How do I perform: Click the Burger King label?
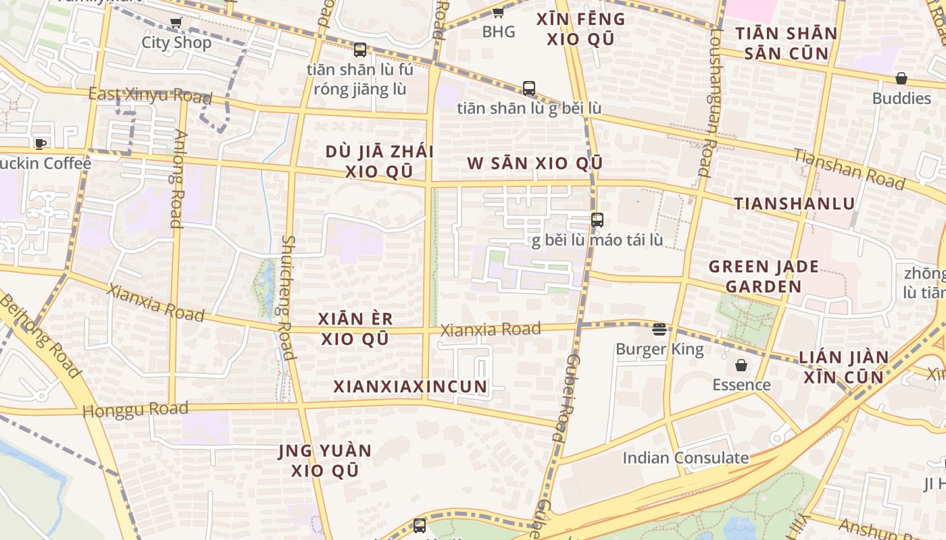pyautogui.click(x=659, y=350)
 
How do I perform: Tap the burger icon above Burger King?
pyautogui.click(x=659, y=329)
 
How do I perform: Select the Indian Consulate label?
pyautogui.click(x=685, y=458)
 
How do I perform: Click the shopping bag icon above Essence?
pyautogui.click(x=741, y=365)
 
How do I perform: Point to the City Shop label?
pyautogui.click(x=176, y=43)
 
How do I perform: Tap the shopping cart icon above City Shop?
pyautogui.click(x=176, y=23)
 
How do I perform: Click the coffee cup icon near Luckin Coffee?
pyautogui.click(x=41, y=144)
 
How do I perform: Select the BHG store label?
pyautogui.click(x=499, y=32)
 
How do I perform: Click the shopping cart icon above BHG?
pyautogui.click(x=498, y=12)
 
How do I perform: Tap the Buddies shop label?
pyautogui.click(x=901, y=99)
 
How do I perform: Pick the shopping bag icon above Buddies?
pyautogui.click(x=901, y=78)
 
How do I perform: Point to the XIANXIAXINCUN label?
pyautogui.click(x=410, y=387)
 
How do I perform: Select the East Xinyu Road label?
pyautogui.click(x=150, y=95)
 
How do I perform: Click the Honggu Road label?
pyautogui.click(x=135, y=410)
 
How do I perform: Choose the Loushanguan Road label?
pyautogui.click(x=711, y=105)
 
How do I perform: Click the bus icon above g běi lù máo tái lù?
pyautogui.click(x=597, y=220)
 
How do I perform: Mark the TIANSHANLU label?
pyautogui.click(x=794, y=203)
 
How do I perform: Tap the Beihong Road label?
pyautogui.click(x=41, y=335)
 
